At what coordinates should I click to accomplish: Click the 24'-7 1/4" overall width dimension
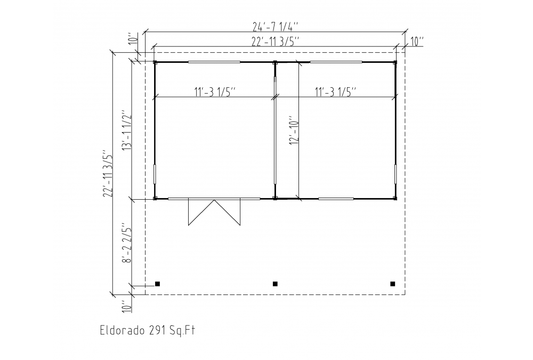(x=276, y=26)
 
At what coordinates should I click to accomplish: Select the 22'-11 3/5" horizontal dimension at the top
(x=276, y=42)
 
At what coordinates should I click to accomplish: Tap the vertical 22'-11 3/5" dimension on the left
(x=108, y=173)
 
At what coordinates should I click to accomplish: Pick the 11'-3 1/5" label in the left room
(x=215, y=92)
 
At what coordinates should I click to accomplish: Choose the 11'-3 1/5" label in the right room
(x=335, y=92)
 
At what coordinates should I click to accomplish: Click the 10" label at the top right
(x=417, y=42)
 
